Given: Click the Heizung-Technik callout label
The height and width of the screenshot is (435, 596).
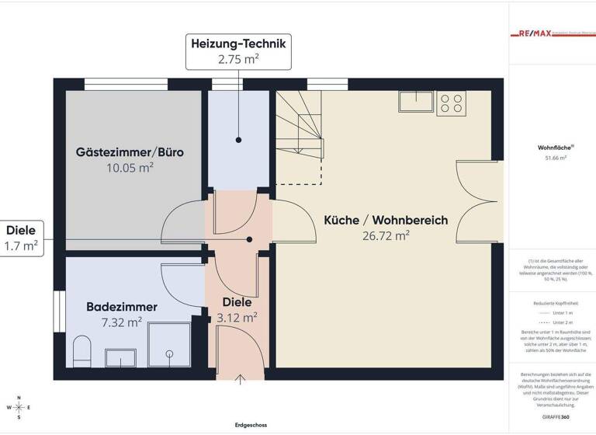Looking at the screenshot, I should (239, 52).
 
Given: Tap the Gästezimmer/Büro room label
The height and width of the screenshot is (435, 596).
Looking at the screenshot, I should (130, 151).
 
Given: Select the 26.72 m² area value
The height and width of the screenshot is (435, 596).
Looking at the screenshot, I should (386, 235).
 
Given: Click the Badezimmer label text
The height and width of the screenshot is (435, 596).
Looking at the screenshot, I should (122, 307).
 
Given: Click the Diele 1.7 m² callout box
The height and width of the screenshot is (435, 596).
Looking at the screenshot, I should (22, 238).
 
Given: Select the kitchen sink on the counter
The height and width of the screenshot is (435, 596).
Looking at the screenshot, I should (417, 102).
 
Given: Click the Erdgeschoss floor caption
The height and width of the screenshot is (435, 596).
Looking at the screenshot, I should (251, 425).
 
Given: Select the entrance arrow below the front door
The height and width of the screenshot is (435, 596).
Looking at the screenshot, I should (240, 378).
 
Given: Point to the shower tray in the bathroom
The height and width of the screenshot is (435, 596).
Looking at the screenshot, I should (171, 346).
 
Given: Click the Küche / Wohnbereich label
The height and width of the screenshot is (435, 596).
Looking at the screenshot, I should (386, 221).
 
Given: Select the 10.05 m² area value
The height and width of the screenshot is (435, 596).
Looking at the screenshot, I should (130, 167).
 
